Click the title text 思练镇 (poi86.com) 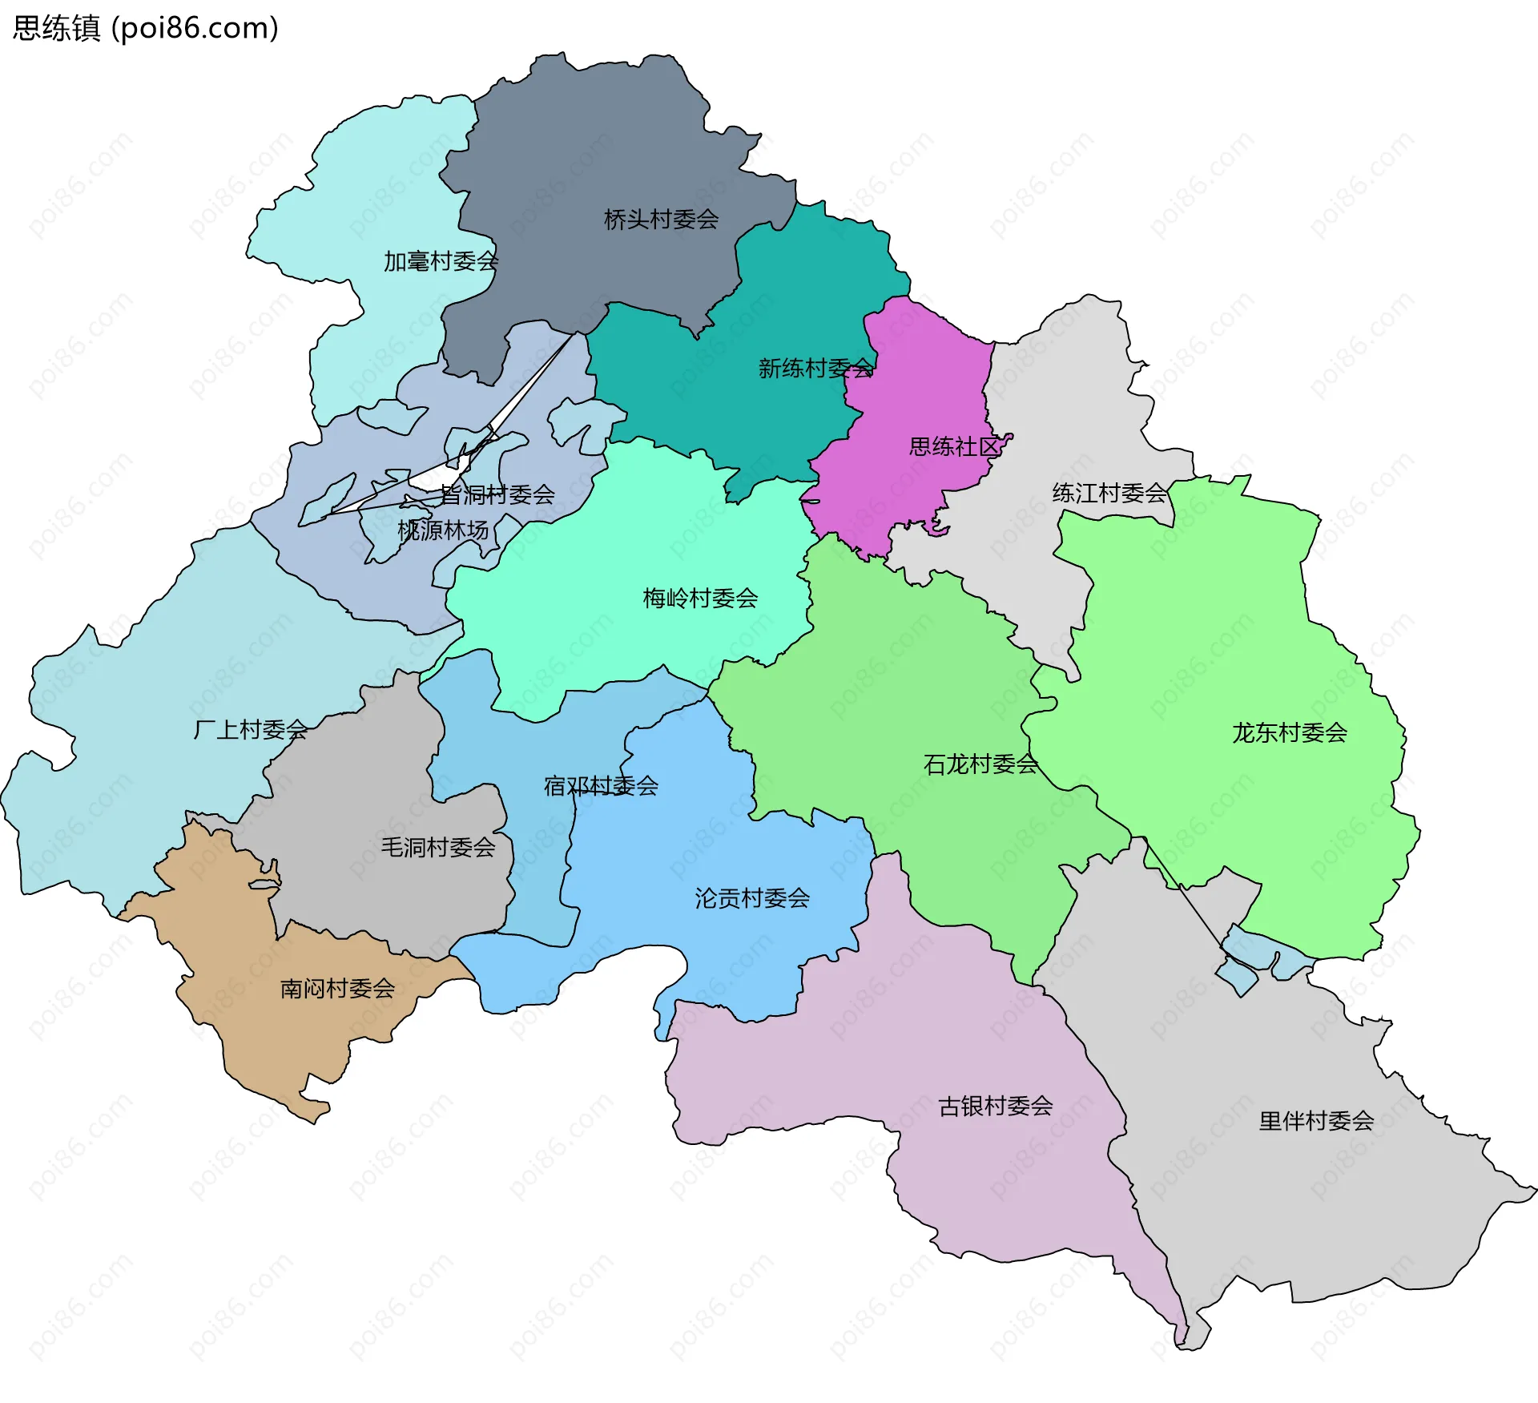(x=146, y=28)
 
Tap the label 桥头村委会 (x=661, y=220)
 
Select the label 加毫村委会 (x=441, y=261)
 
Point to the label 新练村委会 (x=815, y=369)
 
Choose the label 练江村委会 (x=1109, y=493)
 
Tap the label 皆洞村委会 (x=497, y=494)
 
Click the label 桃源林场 (x=443, y=530)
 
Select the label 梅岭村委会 (x=700, y=598)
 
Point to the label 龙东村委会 (x=1290, y=732)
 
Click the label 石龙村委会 (x=980, y=764)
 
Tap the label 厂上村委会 (x=251, y=729)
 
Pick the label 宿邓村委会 (x=601, y=786)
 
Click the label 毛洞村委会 (x=438, y=847)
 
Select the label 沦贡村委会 (x=752, y=898)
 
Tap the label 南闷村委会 (x=337, y=989)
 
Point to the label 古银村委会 (x=996, y=1107)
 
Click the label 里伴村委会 (x=1316, y=1121)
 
